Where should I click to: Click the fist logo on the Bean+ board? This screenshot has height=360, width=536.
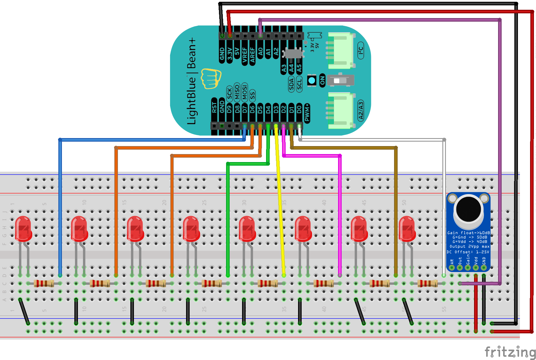pos(211,79)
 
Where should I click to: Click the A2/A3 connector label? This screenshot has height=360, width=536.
pos(361,110)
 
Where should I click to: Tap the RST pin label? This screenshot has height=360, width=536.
pos(214,107)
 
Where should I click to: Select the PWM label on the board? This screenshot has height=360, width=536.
pos(307,113)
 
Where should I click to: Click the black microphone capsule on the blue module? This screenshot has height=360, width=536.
pos(468,209)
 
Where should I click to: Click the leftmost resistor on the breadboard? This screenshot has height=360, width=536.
pos(44,284)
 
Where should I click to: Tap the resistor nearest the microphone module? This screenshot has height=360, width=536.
pos(428,284)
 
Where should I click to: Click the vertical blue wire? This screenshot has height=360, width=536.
pos(60,207)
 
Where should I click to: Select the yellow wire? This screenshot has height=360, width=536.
pos(280,207)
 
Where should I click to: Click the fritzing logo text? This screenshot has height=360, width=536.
pos(510,352)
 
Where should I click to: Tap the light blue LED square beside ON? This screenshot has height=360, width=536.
pos(312,80)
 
